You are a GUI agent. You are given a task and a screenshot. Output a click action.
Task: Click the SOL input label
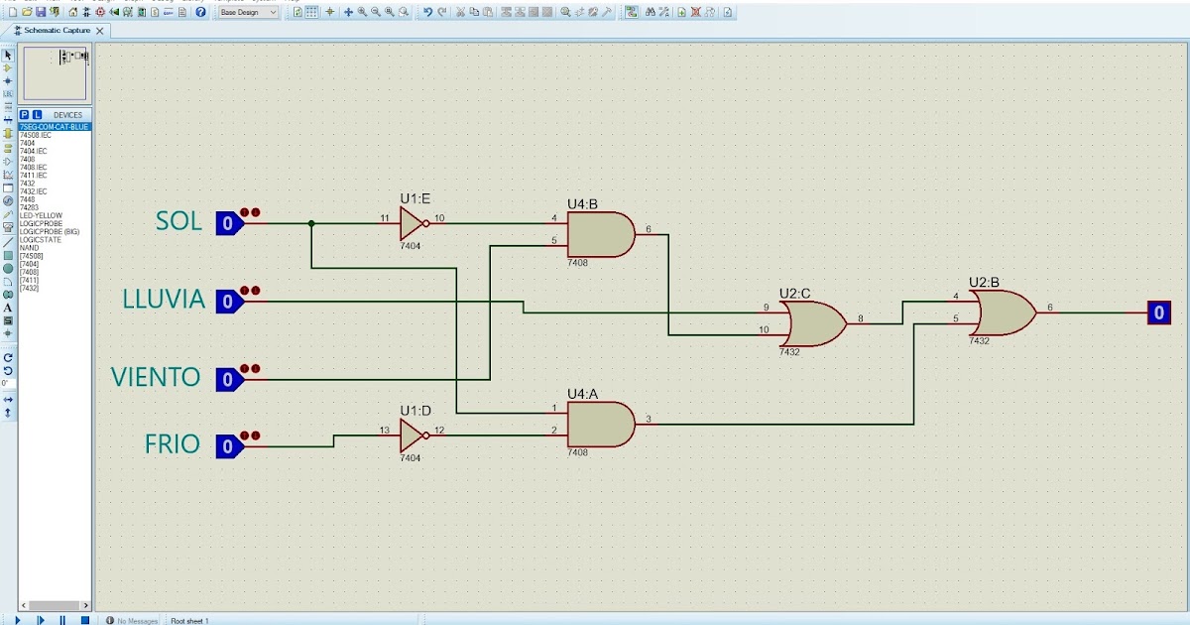tap(178, 221)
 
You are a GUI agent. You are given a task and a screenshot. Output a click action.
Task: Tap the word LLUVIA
tap(164, 299)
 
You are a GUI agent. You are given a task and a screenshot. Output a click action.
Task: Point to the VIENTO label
tap(156, 377)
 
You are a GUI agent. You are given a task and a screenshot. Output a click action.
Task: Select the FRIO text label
tap(172, 444)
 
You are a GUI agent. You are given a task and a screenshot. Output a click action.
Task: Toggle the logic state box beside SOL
tap(228, 223)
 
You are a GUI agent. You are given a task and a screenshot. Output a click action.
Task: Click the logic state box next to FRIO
tap(228, 446)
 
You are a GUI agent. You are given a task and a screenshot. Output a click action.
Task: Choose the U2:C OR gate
tap(810, 323)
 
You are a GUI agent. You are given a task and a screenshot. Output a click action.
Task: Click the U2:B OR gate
tap(1004, 312)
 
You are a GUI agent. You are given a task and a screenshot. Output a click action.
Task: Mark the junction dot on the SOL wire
tap(311, 223)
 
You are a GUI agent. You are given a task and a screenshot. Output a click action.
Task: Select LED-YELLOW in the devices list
tap(41, 215)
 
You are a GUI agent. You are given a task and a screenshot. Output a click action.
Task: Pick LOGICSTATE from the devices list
tap(39, 239)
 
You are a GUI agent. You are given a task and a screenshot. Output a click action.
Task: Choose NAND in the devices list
tap(29, 247)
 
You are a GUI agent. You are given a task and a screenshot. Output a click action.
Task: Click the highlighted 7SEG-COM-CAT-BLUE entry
tap(55, 127)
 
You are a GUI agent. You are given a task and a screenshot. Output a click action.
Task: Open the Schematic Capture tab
tap(57, 31)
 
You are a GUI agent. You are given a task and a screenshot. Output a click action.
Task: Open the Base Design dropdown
tap(248, 12)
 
